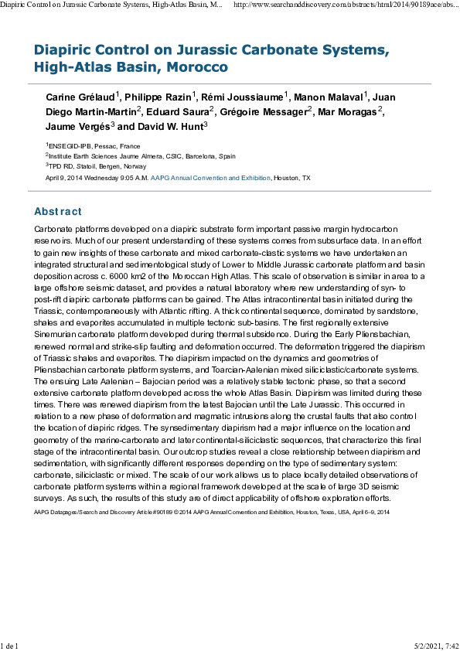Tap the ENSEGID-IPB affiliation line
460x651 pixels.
[94, 145]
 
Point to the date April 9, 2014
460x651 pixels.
[66, 178]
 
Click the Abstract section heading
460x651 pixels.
[58, 212]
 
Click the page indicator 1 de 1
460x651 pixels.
[10, 644]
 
